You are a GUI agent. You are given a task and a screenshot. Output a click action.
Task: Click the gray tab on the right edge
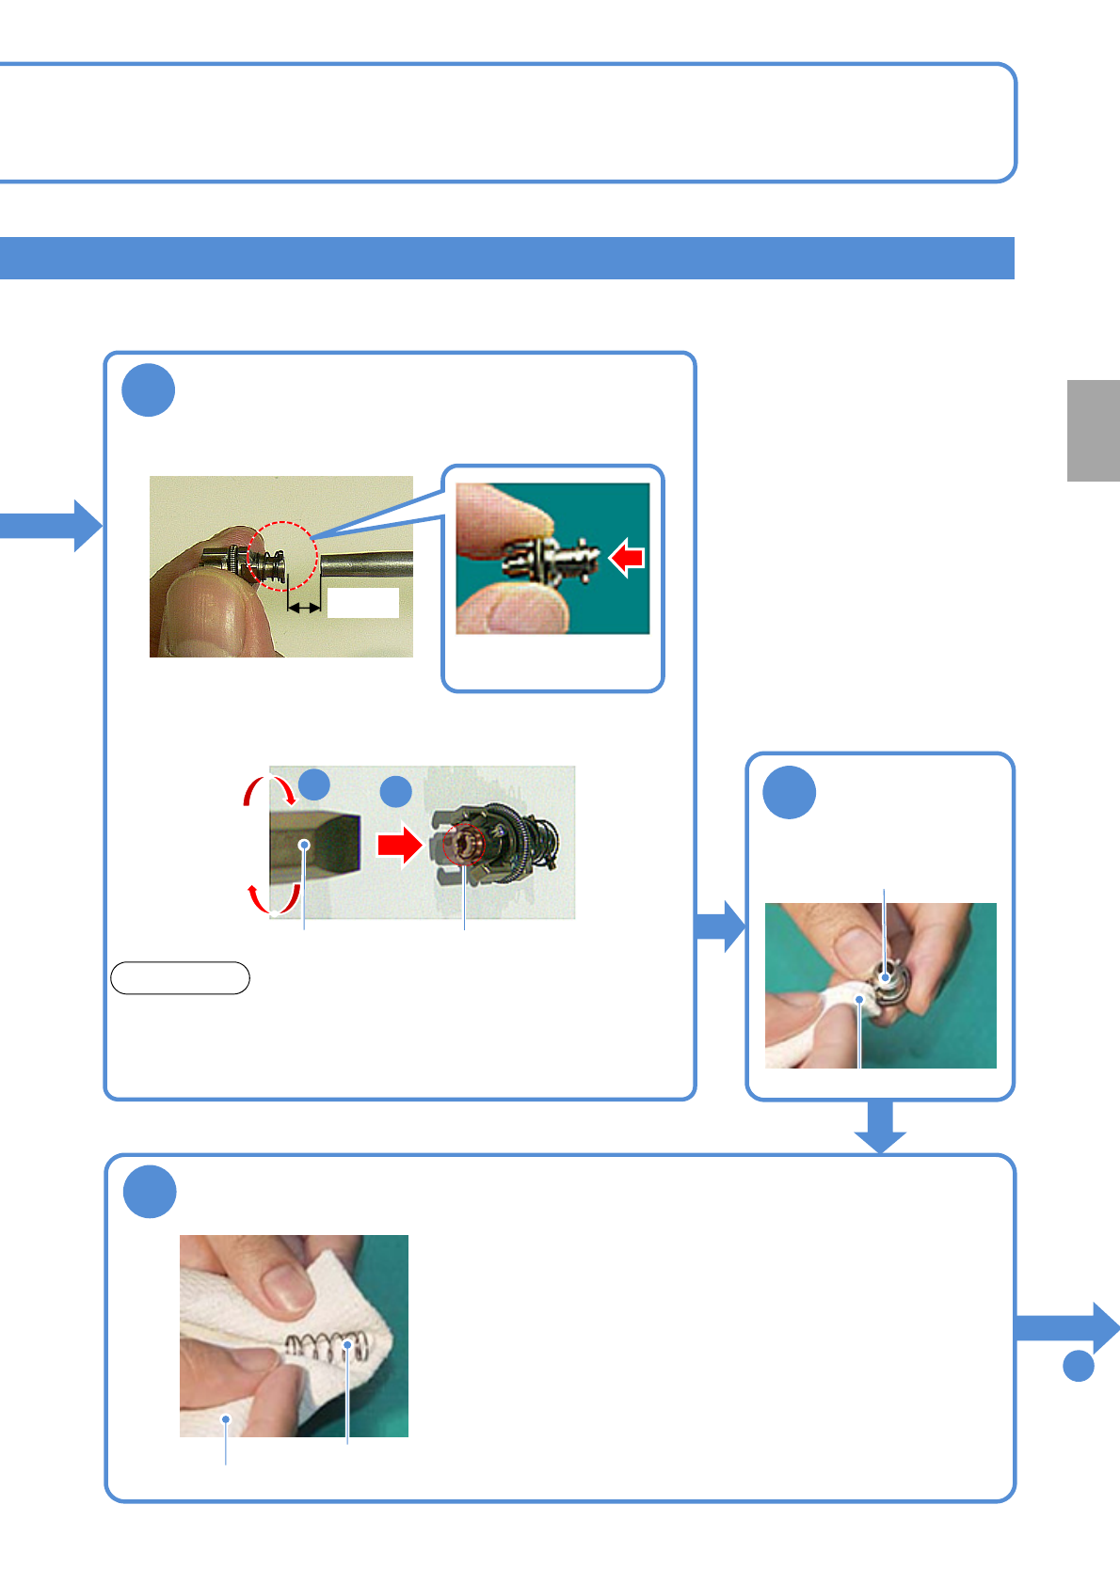tap(1093, 430)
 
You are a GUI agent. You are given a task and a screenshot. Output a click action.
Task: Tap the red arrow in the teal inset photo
tap(627, 558)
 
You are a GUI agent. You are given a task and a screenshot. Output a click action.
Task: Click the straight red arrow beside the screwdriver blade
tap(399, 844)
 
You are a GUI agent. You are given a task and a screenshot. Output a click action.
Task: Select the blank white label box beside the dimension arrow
tap(362, 603)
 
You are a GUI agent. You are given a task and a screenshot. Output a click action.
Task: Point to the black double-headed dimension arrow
tap(304, 609)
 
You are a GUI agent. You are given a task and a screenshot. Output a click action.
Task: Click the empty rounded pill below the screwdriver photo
tap(180, 978)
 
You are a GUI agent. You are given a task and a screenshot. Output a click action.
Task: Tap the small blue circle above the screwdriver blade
tap(314, 784)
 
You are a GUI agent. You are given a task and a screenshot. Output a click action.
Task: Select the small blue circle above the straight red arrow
tap(396, 791)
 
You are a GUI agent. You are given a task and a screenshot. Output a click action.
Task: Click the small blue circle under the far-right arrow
tap(1079, 1366)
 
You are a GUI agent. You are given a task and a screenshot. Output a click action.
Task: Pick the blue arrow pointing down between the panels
tap(880, 1126)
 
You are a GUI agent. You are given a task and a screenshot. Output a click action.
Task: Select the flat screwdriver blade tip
tap(314, 845)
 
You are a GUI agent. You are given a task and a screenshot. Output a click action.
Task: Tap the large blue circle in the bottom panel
tap(150, 1191)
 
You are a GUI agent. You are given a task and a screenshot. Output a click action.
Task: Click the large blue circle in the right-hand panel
tap(789, 792)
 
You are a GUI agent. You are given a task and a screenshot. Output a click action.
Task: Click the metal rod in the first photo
tap(366, 564)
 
